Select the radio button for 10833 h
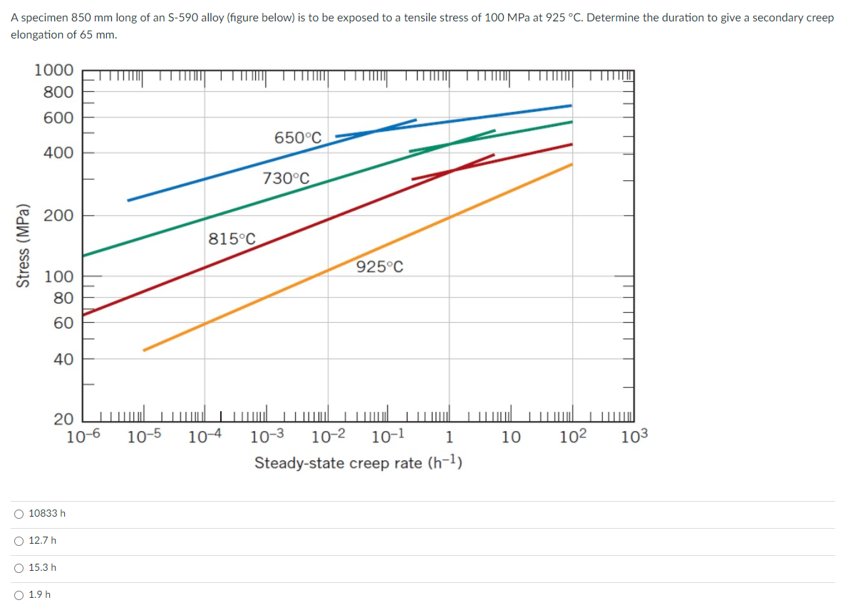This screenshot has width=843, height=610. [x=19, y=513]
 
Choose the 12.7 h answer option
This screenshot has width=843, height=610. [x=19, y=540]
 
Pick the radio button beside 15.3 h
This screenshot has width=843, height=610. [x=19, y=567]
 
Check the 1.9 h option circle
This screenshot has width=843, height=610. [x=19, y=594]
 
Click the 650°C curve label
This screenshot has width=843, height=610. [x=298, y=138]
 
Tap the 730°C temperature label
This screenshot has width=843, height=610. [x=286, y=178]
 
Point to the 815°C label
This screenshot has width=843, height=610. [x=232, y=238]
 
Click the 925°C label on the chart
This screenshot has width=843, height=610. [x=380, y=267]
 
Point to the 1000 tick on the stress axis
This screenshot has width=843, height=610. [x=53, y=71]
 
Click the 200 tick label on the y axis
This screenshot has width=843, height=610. [x=60, y=216]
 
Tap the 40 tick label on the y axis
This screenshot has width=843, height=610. [x=63, y=359]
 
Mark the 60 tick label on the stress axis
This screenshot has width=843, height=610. [x=63, y=323]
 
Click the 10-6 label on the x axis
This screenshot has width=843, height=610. [x=83, y=437]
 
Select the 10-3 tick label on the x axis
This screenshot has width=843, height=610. [x=268, y=437]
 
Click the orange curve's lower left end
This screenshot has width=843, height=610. [x=145, y=350]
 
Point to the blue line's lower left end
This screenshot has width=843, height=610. [x=129, y=200]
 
